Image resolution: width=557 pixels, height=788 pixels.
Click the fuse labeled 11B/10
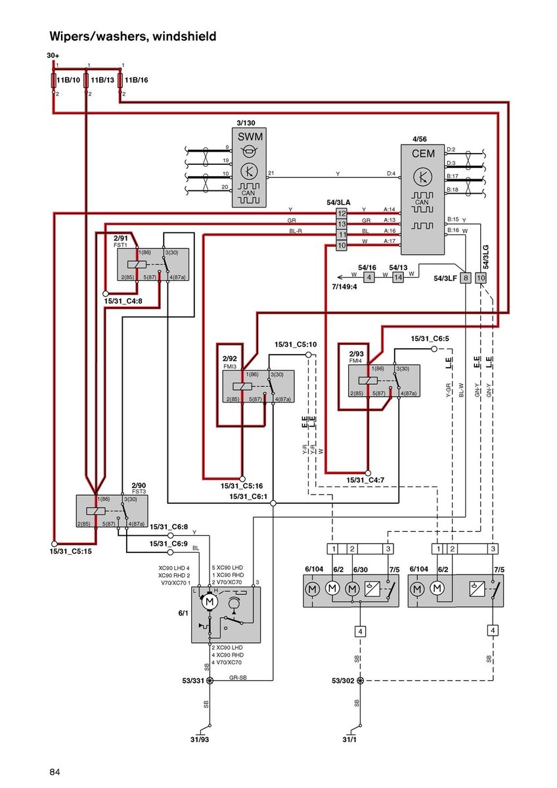tap(54, 80)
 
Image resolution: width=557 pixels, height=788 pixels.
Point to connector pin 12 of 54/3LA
tap(342, 213)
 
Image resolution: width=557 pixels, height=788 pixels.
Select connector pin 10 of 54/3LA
tap(342, 245)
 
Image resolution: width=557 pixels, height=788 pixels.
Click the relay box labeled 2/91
tap(153, 265)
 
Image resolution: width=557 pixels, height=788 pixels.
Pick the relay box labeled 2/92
tap(257, 387)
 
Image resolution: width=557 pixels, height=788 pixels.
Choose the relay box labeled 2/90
tap(112, 512)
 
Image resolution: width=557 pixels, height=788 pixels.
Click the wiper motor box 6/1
tap(226, 615)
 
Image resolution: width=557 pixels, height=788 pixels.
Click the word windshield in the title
tap(185, 37)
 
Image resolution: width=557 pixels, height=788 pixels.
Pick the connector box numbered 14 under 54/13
tap(398, 278)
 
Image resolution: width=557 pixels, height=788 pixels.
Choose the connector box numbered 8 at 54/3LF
tap(465, 278)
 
